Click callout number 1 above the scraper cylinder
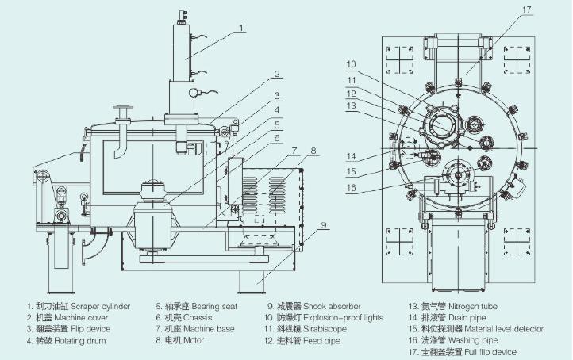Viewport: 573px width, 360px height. (240, 28)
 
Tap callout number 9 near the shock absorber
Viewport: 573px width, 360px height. (324, 225)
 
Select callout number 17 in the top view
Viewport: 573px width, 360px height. (527, 10)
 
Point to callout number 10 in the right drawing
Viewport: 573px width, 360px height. (351, 64)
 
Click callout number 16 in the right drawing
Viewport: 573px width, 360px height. (351, 188)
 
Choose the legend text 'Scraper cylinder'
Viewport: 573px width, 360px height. (100, 306)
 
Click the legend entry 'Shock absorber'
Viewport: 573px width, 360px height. (332, 306)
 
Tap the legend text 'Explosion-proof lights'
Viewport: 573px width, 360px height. (343, 318)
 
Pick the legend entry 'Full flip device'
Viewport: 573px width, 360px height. (490, 352)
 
